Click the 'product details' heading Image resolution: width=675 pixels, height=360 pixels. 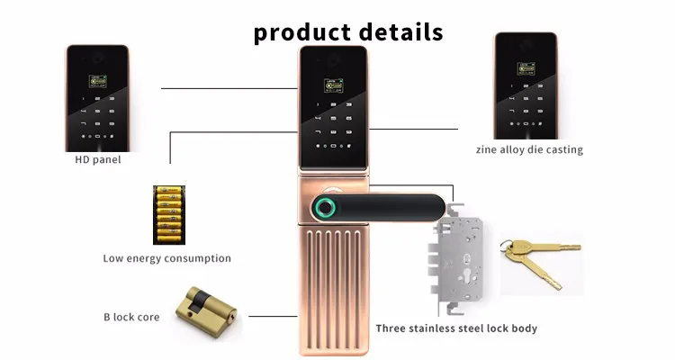(x=347, y=32)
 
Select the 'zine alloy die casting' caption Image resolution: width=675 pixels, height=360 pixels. (x=529, y=149)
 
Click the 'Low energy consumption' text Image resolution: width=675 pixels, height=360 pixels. (x=166, y=258)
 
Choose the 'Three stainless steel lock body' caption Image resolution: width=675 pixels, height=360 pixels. (x=456, y=328)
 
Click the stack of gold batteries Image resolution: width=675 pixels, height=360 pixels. (x=166, y=214)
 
